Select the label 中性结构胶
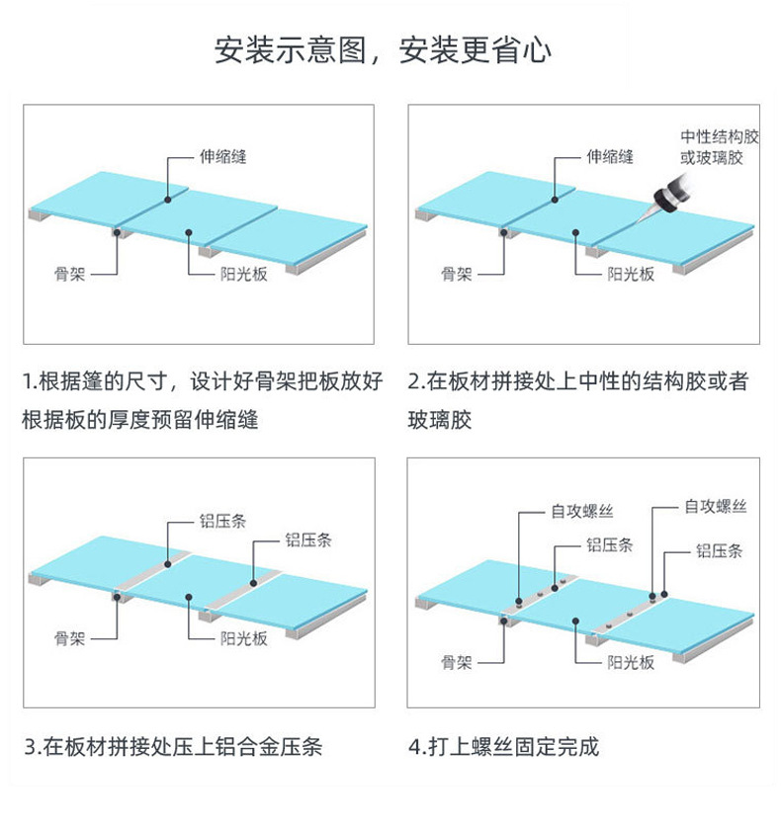coord(719,136)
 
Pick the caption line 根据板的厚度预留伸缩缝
coord(140,419)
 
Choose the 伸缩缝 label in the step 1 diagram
coord(222,156)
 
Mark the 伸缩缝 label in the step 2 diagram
coord(610,156)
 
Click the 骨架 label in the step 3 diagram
coord(70,638)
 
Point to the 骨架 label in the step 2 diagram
coord(457,274)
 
